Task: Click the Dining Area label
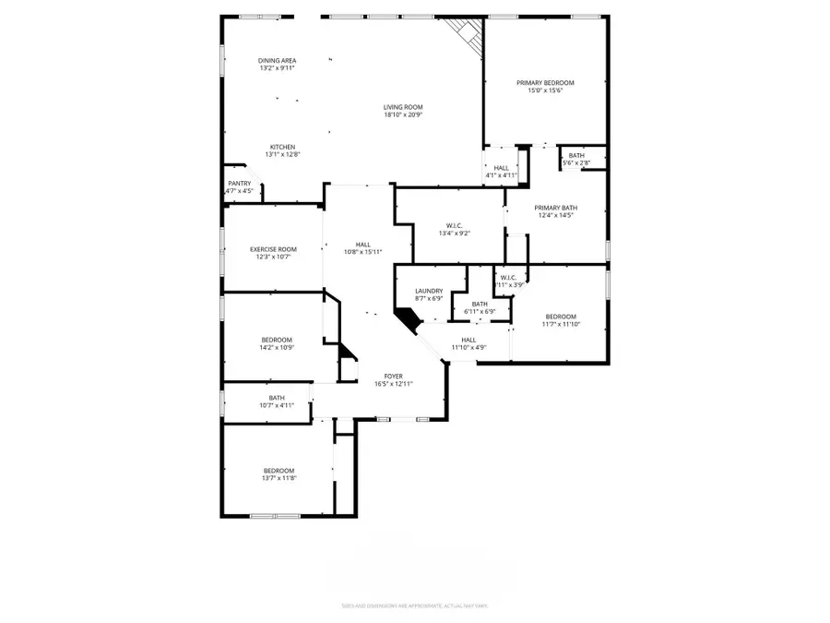[277, 60]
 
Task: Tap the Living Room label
[403, 107]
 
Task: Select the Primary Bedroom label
[544, 82]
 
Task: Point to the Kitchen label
[282, 147]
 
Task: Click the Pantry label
[239, 183]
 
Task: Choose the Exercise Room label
[274, 249]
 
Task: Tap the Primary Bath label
[555, 208]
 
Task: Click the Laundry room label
[429, 291]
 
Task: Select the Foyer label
[393, 376]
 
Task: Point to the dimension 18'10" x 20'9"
[403, 115]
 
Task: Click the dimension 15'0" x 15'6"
[544, 90]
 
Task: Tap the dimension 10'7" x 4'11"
[277, 404]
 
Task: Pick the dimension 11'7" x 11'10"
[561, 324]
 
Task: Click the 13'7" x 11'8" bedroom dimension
[278, 478]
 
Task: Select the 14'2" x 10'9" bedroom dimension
[277, 348]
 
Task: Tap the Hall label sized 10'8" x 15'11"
[363, 244]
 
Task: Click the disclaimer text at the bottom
[414, 605]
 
